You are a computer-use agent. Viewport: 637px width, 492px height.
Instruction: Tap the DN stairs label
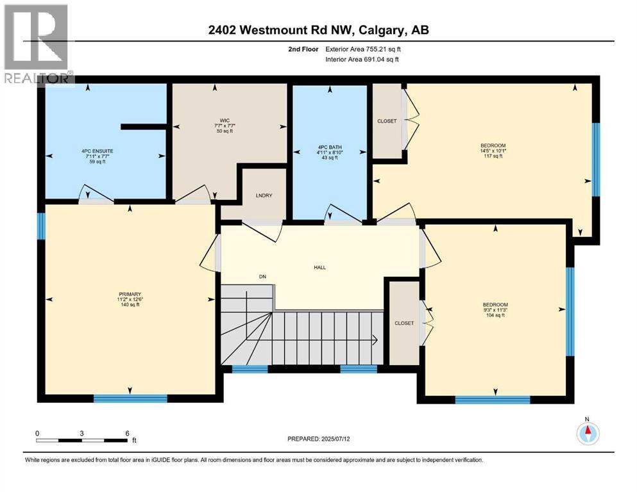262,277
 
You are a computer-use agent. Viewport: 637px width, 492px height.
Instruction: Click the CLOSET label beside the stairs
405,324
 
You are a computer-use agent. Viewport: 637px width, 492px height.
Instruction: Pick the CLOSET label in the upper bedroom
387,121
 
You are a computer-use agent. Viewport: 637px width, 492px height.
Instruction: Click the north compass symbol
587,434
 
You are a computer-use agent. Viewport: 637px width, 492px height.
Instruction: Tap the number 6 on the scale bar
128,433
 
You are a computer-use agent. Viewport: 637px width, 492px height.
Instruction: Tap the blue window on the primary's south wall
130,398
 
